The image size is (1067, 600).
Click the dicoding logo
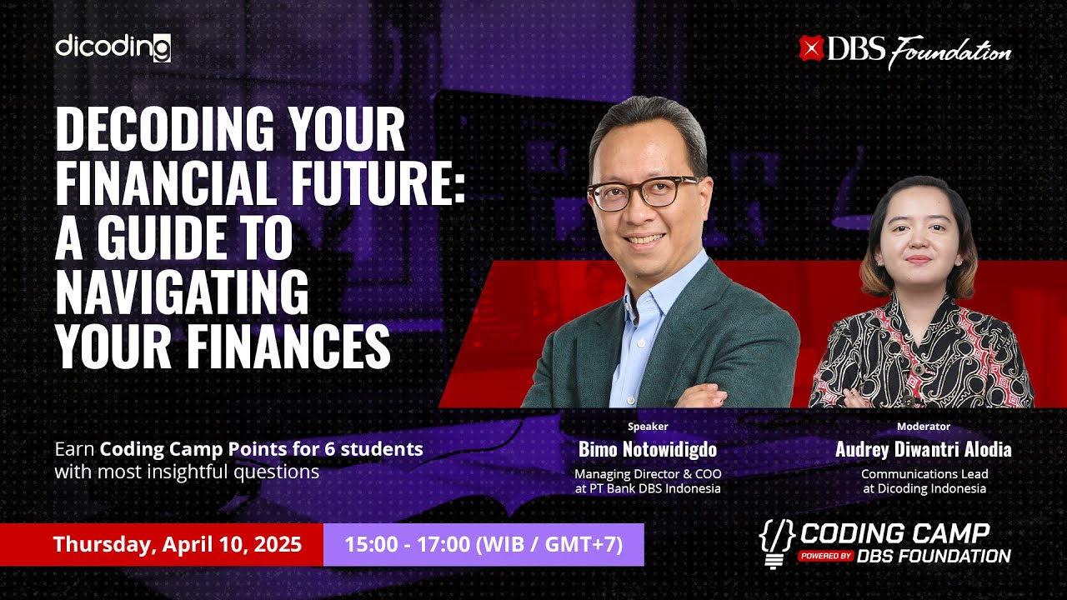coord(113,47)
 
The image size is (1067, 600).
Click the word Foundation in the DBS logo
coord(949,52)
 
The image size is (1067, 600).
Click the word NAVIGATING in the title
coord(182,292)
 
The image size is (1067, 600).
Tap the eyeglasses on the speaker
coord(643,192)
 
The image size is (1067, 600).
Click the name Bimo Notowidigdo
coord(648,450)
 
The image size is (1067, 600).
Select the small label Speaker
coord(648,427)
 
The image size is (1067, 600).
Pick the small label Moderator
coord(924,427)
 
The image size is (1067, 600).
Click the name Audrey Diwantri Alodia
coord(924,450)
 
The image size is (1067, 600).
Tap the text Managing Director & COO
coord(648,474)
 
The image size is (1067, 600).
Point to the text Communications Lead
coord(924,474)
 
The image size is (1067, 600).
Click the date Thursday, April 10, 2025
coord(177,545)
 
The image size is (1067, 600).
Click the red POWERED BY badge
coord(824,556)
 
